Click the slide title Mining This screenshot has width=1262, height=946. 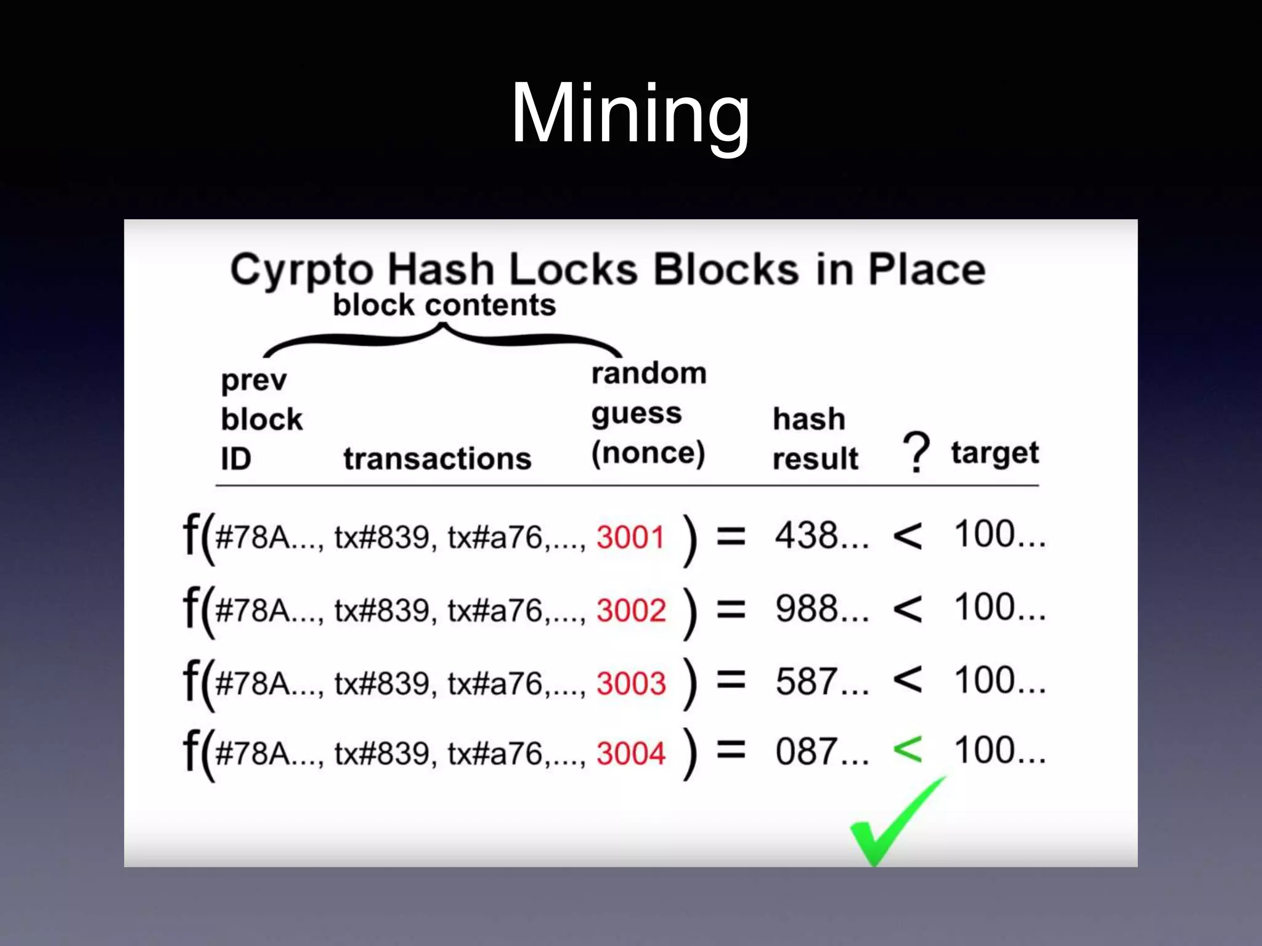point(630,115)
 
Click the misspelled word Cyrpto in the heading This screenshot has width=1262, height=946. point(301,270)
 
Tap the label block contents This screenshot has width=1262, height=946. point(444,305)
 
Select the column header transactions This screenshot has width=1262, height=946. point(437,459)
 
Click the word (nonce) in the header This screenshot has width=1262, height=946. point(648,453)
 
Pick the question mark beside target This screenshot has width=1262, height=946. point(916,452)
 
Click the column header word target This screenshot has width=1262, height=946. point(995,453)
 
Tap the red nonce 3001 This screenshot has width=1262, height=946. point(630,537)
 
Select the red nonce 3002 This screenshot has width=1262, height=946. point(631,610)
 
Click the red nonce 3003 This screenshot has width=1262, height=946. point(631,684)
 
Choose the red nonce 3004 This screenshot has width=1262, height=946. point(631,754)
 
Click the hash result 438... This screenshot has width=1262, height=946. point(821,536)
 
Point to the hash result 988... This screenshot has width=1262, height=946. point(821,609)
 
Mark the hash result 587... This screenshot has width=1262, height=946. point(821,682)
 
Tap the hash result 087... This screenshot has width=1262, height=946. point(821,753)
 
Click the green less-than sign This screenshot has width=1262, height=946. point(908,750)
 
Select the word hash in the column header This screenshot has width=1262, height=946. point(808,419)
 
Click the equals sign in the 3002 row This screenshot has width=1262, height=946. point(731,610)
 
